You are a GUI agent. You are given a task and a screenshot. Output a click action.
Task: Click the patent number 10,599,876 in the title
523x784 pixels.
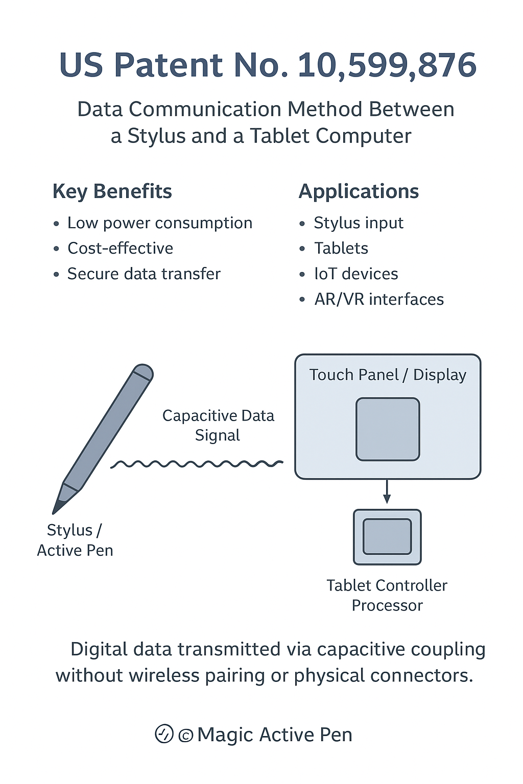point(387,65)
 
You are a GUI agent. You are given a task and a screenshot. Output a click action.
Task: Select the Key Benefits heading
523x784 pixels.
point(112,191)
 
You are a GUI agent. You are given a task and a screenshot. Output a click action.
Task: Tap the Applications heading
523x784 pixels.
point(359,191)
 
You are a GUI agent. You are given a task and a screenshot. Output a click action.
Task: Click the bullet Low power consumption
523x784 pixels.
point(159,223)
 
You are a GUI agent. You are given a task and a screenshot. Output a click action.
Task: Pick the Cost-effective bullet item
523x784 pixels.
point(120,249)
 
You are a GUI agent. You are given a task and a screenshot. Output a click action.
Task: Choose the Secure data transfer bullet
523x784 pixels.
point(144,274)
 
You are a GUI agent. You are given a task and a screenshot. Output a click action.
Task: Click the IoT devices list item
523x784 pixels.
point(356,274)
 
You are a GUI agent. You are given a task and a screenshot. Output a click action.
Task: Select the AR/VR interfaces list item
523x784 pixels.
point(379,300)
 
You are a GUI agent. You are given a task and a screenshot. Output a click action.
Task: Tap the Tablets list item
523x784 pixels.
point(341,249)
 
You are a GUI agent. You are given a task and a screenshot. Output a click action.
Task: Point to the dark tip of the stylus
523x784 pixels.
point(58,507)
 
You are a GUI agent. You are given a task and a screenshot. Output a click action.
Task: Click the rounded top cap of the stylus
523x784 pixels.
point(143,371)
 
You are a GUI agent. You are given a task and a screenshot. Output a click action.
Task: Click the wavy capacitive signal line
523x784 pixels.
point(197,464)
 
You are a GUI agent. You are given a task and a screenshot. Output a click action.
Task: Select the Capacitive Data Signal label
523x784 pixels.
point(218,425)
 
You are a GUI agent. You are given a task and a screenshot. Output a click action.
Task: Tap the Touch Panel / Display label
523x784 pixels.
point(388,375)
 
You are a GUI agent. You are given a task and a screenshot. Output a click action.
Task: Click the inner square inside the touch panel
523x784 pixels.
point(388,429)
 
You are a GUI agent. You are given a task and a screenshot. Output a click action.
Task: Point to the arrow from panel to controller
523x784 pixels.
point(387,492)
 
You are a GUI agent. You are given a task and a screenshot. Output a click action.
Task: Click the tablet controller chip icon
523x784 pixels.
point(387,537)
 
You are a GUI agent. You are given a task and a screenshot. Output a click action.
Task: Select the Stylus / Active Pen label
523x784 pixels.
point(75,540)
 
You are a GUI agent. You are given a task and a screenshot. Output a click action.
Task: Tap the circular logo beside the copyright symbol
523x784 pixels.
point(164,734)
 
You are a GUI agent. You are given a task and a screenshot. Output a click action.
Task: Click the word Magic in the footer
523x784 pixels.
point(225,735)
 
